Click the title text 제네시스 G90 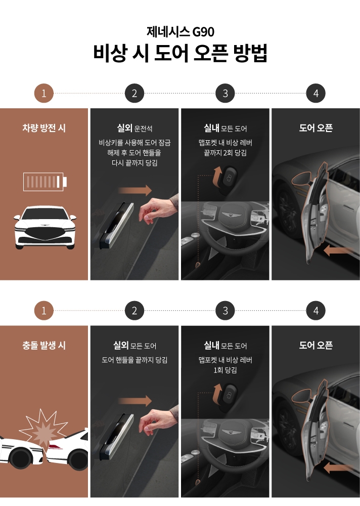(180, 32)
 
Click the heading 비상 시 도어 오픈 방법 (180, 54)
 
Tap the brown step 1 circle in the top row (44, 94)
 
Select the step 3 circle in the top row (225, 94)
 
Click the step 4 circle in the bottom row (316, 311)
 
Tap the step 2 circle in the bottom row (134, 311)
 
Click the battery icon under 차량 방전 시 (44, 181)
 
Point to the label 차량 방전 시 (44, 129)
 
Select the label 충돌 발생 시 (44, 346)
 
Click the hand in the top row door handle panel (157, 210)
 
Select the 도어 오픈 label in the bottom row (316, 346)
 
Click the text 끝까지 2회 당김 (225, 153)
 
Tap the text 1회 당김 (225, 370)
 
